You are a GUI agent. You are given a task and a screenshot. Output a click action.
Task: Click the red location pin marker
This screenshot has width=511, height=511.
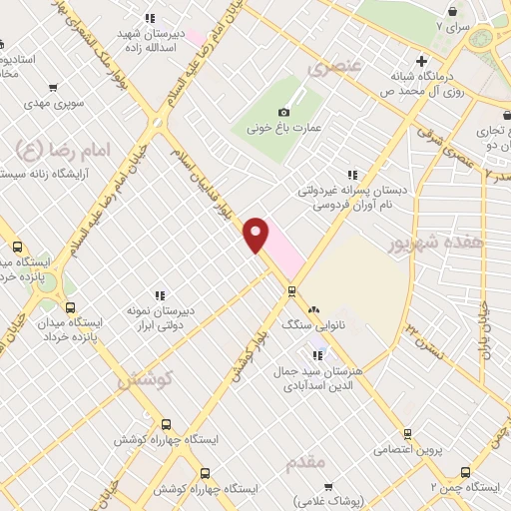pos(256,233)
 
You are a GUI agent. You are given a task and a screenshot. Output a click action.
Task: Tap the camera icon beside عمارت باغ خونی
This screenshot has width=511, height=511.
pos(284,112)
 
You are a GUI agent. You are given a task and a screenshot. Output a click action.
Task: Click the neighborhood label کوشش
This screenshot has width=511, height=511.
pos(145,380)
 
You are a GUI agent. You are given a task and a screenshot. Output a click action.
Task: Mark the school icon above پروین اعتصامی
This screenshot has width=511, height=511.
pos(407,433)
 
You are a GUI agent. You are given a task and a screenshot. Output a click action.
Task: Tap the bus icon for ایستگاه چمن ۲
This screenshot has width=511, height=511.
pos(465,472)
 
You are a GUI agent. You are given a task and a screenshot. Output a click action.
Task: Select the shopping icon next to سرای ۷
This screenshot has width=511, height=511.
pos(454,11)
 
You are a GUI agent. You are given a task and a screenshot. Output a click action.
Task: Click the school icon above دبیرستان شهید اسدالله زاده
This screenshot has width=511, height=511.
pos(150,18)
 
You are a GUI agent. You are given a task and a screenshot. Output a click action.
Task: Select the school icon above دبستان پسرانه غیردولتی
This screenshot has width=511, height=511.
pos(351,172)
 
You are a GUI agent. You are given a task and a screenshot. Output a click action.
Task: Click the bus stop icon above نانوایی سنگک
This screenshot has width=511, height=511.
pos(291,291)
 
